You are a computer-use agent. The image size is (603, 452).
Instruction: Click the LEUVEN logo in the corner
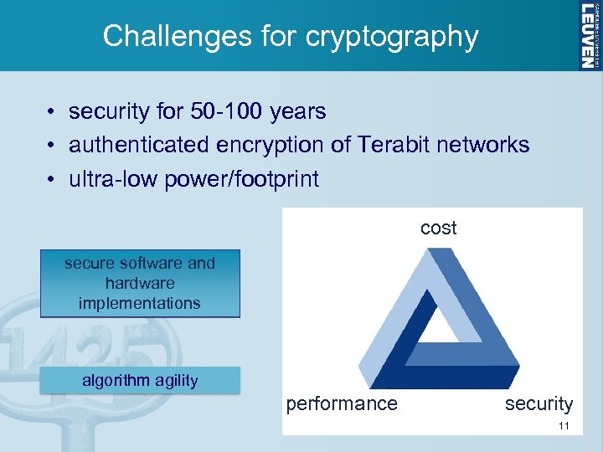[589, 34]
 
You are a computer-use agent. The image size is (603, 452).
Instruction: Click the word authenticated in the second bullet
[139, 145]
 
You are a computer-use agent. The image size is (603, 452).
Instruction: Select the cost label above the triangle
[438, 229]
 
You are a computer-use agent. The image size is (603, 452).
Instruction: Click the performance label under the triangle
[342, 404]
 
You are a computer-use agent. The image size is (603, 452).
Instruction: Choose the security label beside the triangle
[539, 404]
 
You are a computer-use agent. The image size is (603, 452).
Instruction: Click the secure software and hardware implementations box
[140, 283]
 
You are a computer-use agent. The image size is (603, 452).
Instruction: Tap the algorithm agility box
[140, 381]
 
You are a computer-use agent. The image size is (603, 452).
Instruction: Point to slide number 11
[564, 426]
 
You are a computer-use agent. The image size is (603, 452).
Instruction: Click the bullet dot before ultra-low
[51, 180]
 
